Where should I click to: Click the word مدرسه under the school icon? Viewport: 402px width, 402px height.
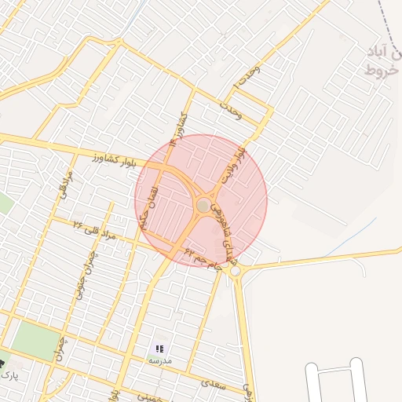click(x=160, y=360)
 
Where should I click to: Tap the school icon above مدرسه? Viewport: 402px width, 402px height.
click(x=160, y=348)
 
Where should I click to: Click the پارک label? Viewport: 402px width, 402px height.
click(x=9, y=376)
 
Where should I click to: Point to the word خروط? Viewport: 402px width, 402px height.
click(x=382, y=71)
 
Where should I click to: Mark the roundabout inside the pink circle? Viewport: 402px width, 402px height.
click(x=203, y=205)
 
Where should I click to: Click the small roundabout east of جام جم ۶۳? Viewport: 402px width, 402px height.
click(x=236, y=271)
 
